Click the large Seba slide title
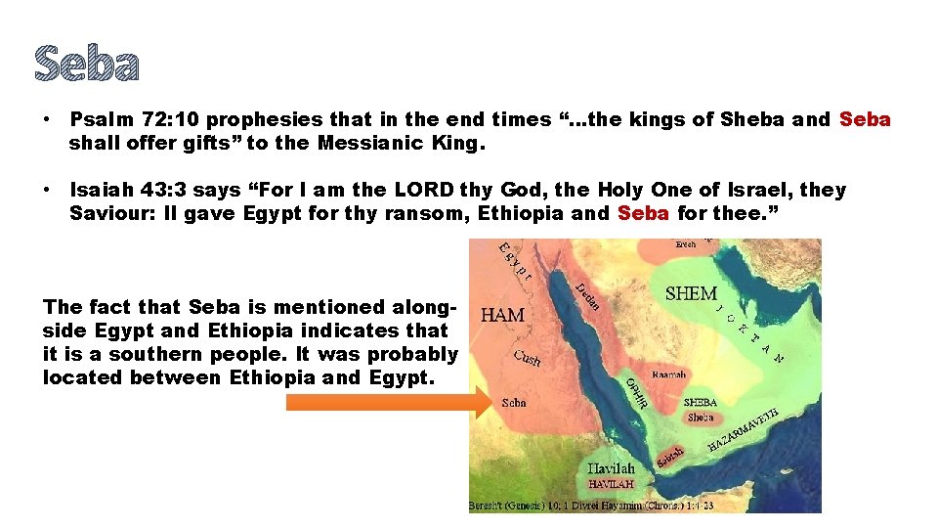point(87,64)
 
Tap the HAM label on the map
point(503,315)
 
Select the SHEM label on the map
point(691,292)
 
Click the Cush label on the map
point(528,358)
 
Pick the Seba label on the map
point(514,403)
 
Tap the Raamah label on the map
point(667,374)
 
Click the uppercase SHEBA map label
point(700,402)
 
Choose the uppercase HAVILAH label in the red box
point(611,484)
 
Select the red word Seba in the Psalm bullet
point(865,120)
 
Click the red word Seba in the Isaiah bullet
point(643,213)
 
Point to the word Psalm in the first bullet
point(101,120)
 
